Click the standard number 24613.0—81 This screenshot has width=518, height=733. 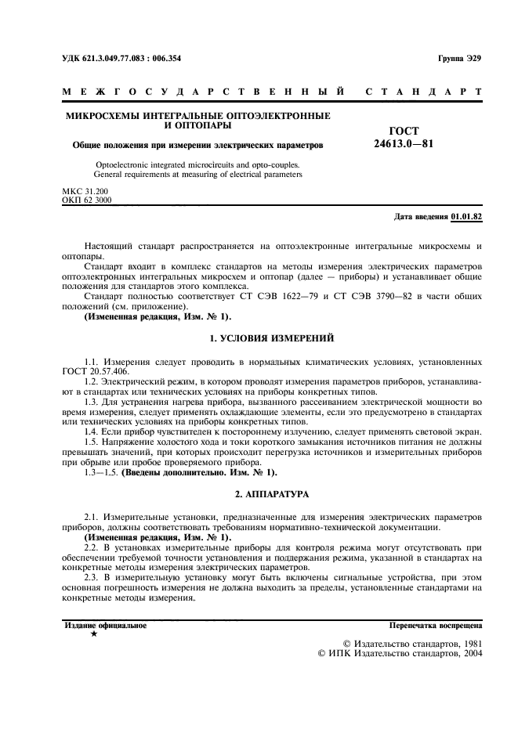point(404,144)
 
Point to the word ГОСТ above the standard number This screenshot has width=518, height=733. point(404,131)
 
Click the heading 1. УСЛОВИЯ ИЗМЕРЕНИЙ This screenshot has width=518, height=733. point(273,338)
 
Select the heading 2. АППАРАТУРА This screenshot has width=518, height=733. point(273,494)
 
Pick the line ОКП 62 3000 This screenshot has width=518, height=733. point(86,200)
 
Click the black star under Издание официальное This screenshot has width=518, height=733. point(94,634)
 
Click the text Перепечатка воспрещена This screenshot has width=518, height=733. point(436,625)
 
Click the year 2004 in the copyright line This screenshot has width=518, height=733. point(469,654)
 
